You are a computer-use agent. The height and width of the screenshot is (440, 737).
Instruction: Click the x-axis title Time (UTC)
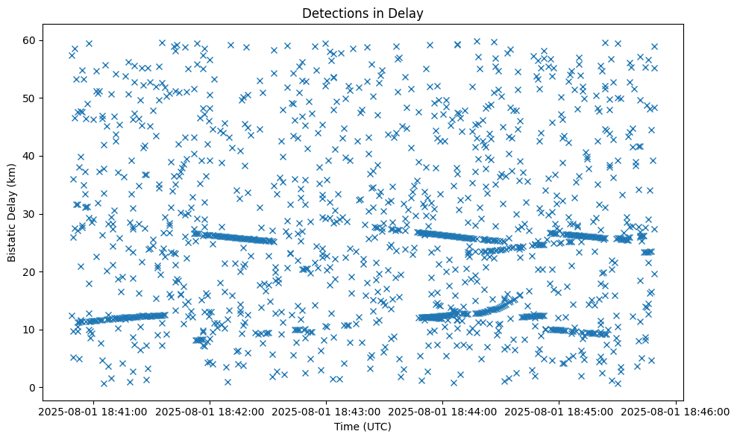tap(362, 427)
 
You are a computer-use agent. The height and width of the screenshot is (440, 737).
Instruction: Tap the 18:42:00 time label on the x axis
tap(210, 411)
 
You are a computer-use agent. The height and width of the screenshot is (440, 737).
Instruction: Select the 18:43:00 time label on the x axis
tap(326, 411)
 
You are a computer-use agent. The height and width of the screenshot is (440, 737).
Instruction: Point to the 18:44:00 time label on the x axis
tap(443, 411)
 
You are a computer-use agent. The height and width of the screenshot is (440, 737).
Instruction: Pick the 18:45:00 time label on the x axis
tap(559, 411)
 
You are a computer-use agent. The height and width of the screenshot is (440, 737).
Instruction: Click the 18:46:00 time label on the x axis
tap(677, 411)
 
